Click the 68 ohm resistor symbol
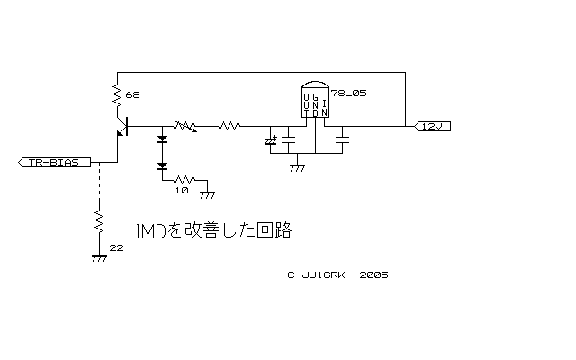117,93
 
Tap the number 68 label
132,94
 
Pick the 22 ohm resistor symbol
97,220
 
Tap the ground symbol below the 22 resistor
97,257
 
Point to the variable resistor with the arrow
186,128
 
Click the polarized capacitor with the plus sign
271,141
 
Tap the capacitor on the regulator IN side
343,140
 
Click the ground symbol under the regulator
297,165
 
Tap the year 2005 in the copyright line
373,275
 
